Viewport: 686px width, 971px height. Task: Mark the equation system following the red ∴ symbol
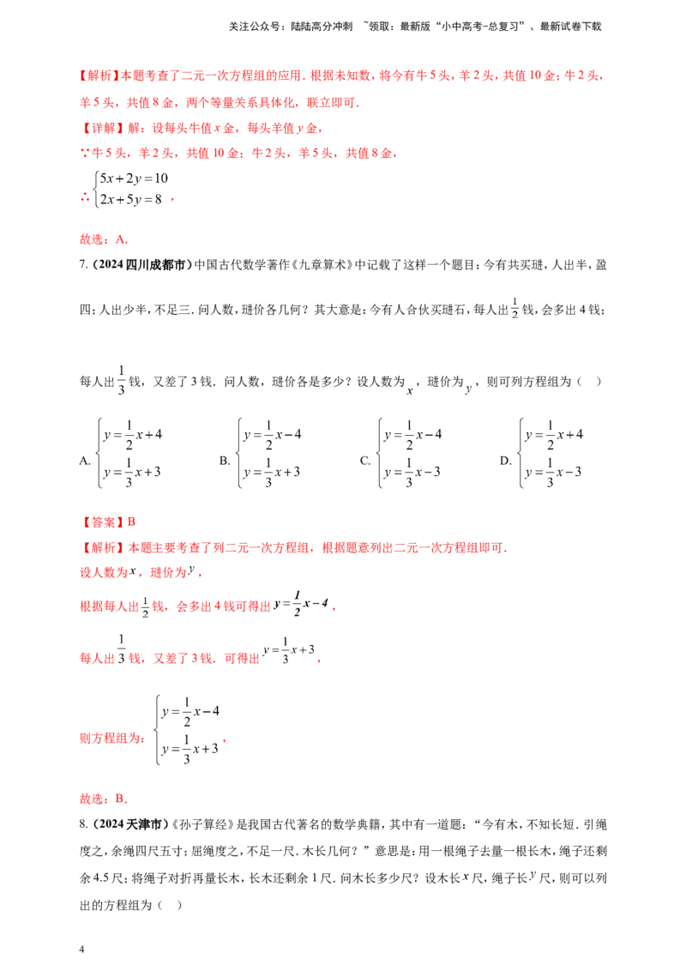coord(129,190)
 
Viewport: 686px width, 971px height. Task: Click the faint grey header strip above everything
coord(415,27)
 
